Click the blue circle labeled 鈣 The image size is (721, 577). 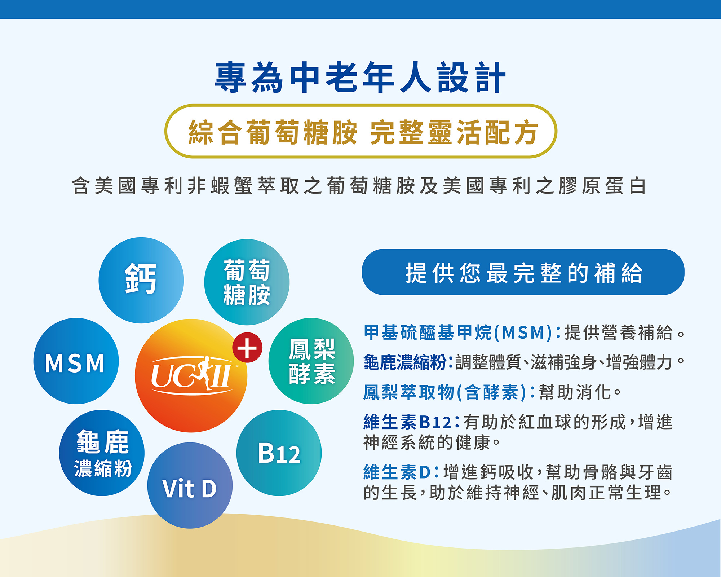[x=141, y=280]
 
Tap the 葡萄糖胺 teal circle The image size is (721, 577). [x=247, y=282]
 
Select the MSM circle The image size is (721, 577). [x=76, y=361]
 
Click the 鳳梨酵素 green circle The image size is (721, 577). [x=311, y=361]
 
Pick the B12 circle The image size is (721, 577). [x=279, y=453]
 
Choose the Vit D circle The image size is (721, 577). [x=190, y=485]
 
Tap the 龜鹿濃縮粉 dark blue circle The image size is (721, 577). [x=102, y=453]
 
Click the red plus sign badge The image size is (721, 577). [x=247, y=348]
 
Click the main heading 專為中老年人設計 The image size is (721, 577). [x=360, y=78]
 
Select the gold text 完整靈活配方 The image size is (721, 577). [x=454, y=132]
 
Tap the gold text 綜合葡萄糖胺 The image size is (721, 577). [x=273, y=132]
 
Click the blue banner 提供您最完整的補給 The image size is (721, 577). [x=523, y=272]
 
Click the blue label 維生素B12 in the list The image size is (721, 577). [x=407, y=422]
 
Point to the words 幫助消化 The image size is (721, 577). [x=575, y=392]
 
